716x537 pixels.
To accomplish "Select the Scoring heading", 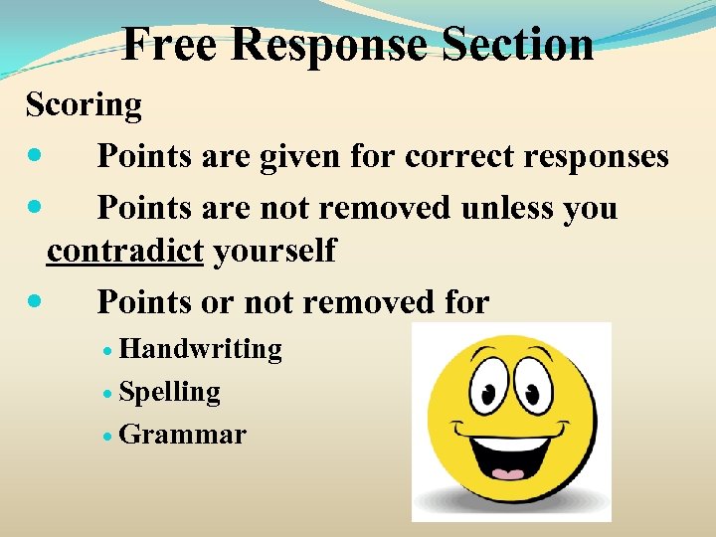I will click(x=85, y=104).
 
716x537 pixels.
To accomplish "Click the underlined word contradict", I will click(x=124, y=251).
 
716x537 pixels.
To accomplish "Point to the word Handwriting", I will click(x=200, y=349).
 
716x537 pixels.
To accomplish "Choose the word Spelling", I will click(x=169, y=392).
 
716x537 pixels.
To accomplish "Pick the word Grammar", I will click(x=182, y=435).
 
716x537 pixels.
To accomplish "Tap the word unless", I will click(x=508, y=208).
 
